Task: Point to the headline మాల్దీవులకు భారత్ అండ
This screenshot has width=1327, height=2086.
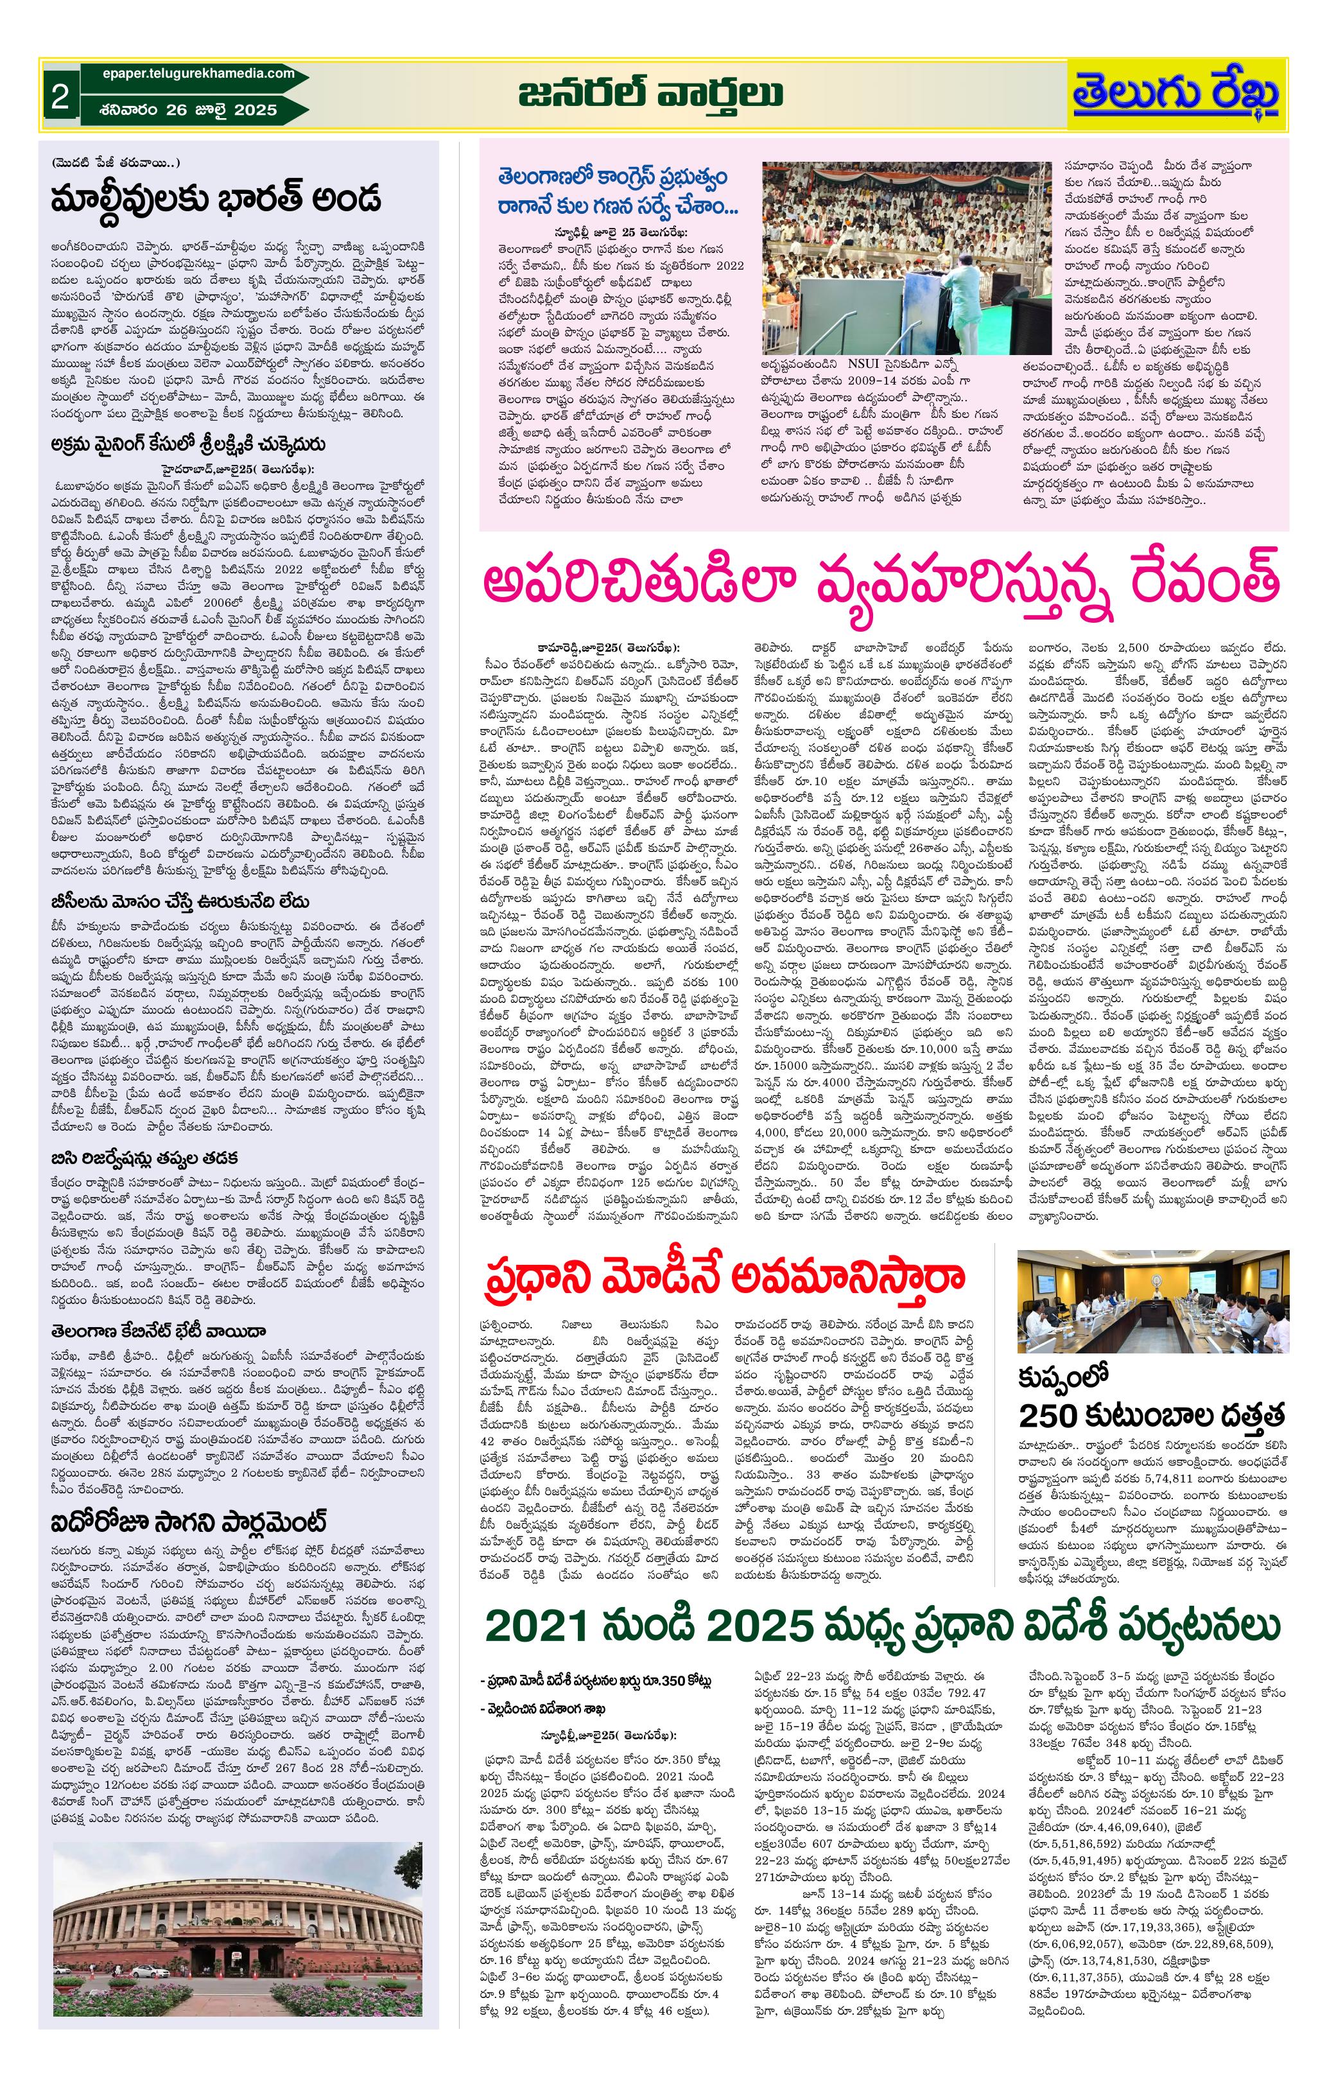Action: pos(216,198)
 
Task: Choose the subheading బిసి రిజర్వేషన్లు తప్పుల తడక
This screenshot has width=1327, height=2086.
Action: pos(144,1158)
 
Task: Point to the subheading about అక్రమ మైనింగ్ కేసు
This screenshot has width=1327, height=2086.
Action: pos(188,444)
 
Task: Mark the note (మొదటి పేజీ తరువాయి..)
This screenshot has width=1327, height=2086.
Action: pos(116,163)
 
